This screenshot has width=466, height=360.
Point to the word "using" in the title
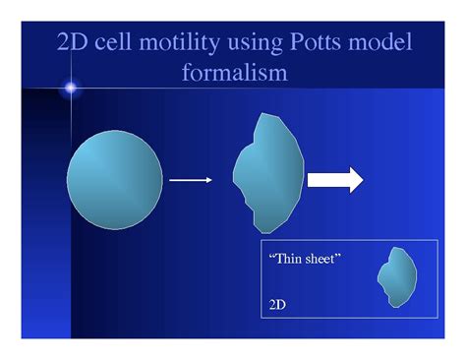tap(258, 44)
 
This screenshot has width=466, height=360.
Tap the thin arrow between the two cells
tap(190, 181)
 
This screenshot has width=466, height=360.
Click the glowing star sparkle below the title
tap(70, 90)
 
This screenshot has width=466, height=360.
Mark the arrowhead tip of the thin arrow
tap(209, 181)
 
